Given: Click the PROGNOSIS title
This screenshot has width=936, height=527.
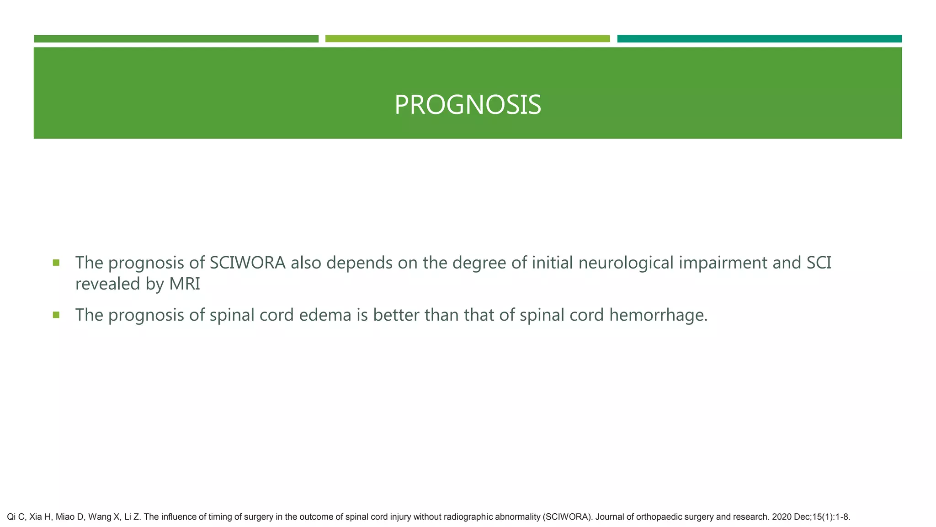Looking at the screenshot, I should pyautogui.click(x=468, y=105).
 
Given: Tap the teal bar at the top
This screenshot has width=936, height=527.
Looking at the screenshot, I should pyautogui.click(x=759, y=39).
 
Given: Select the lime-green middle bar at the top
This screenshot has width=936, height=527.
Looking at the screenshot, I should pyautogui.click(x=467, y=39).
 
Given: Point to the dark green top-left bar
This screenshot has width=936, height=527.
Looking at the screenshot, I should pyautogui.click(x=176, y=39).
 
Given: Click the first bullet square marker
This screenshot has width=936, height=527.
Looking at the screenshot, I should pyautogui.click(x=56, y=263).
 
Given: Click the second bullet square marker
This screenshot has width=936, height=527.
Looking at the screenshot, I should pyautogui.click(x=56, y=315).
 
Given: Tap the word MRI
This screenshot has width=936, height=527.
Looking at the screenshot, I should pyautogui.click(x=185, y=284).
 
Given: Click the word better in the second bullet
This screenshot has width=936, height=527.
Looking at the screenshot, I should pyautogui.click(x=396, y=315).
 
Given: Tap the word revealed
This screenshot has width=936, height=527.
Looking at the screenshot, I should pyautogui.click(x=108, y=284).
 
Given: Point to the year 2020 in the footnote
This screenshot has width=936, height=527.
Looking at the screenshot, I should pyautogui.click(x=781, y=517).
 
